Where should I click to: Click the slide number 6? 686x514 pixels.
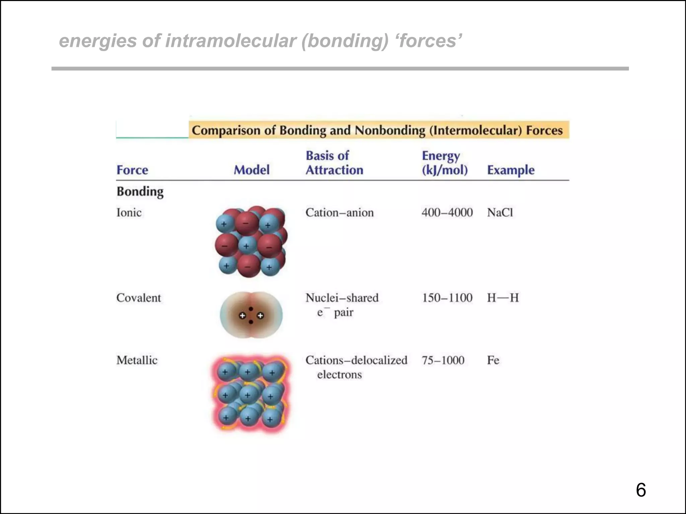pos(640,490)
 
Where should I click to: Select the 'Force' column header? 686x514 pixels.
pos(132,170)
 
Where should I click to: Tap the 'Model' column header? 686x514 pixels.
pos(252,170)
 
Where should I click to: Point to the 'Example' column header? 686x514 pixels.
pos(510,170)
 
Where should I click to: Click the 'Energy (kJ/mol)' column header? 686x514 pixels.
pos(444,163)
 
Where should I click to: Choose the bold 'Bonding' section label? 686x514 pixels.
pos(140,192)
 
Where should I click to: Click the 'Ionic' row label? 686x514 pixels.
pos(129,212)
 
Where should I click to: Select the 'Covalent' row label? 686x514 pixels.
pos(138,297)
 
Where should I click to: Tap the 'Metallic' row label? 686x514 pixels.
pos(137,360)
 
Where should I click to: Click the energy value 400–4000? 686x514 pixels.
pos(447,212)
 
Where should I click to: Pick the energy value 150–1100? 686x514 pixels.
pos(447,297)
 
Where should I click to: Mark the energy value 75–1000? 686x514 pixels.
pos(443,360)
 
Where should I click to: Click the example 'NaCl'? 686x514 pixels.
pos(500,212)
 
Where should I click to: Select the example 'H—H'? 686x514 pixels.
pos(502,297)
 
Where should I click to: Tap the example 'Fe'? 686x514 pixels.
pos(493,360)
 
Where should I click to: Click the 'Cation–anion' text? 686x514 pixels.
pos(339,212)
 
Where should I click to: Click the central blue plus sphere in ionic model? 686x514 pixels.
pos(246,246)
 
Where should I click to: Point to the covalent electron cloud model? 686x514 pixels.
pos(251,315)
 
